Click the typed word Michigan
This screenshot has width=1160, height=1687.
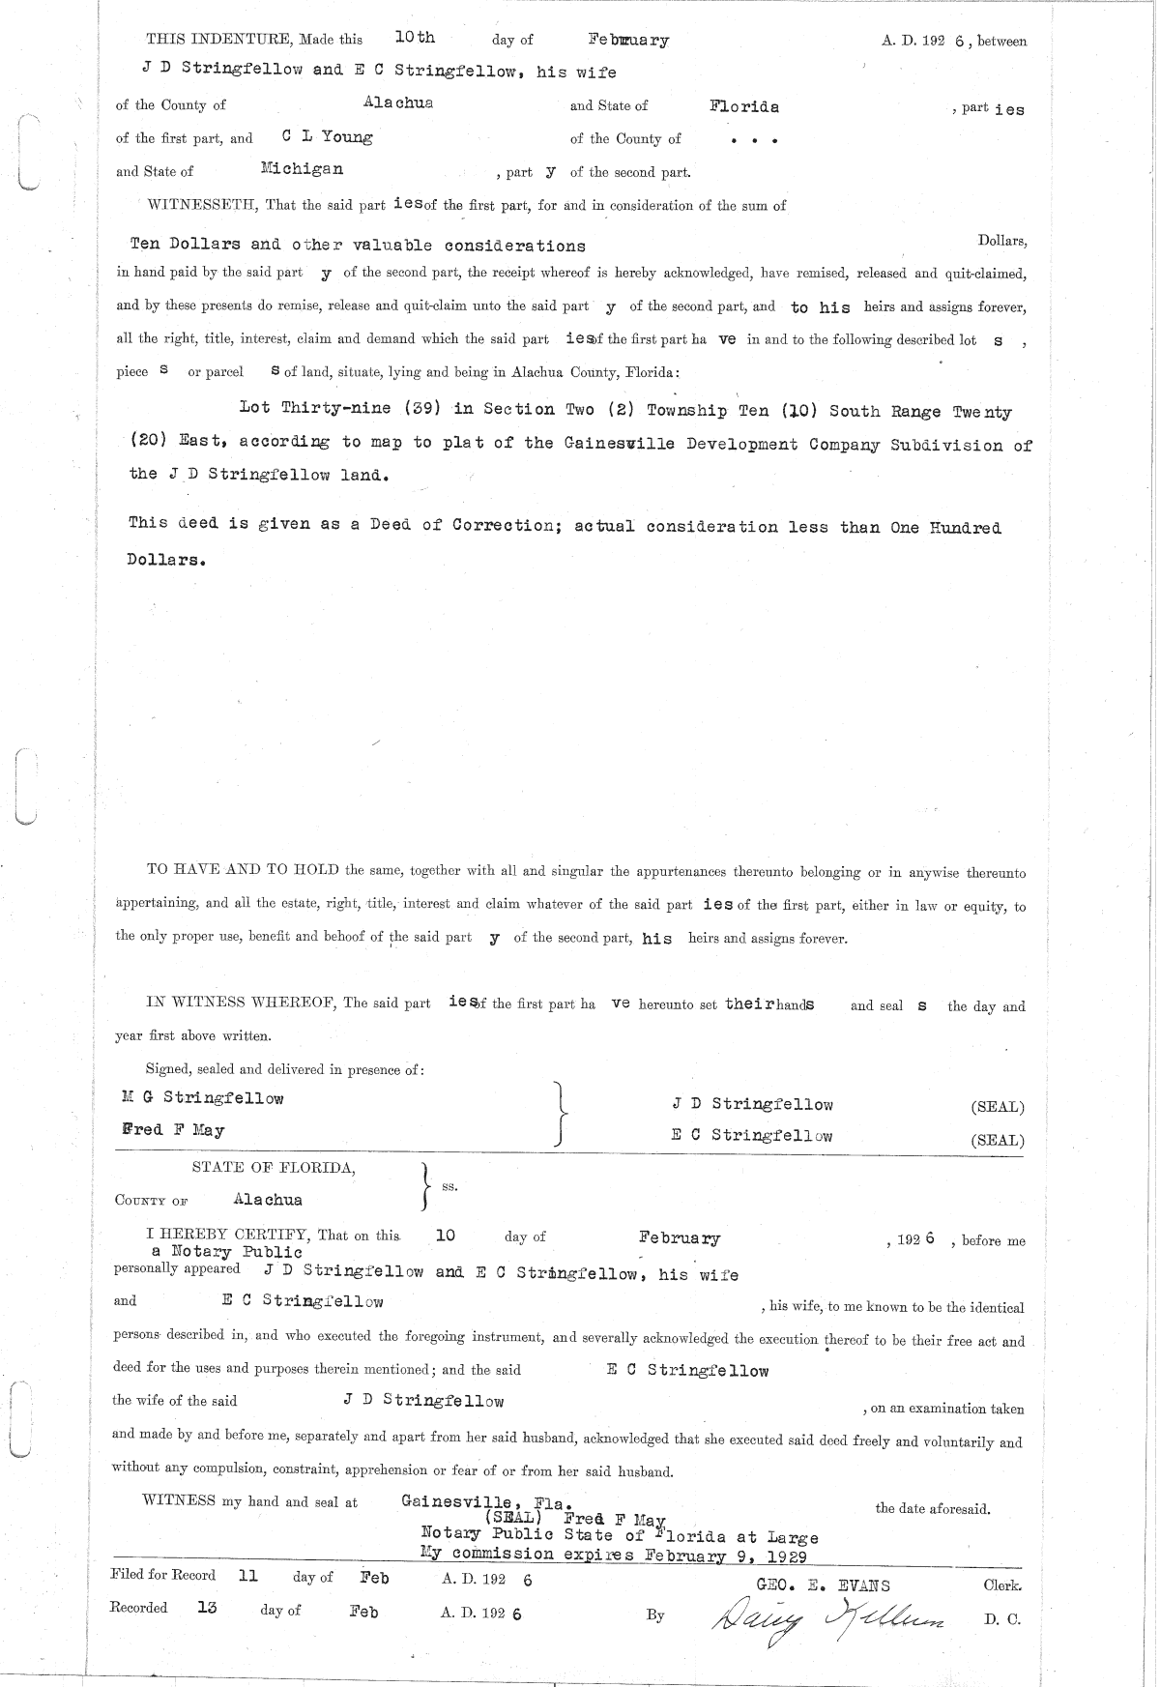point(302,168)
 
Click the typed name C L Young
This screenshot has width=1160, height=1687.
point(327,136)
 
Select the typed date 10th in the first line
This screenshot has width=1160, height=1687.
point(415,38)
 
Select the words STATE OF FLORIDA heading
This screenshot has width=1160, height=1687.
point(274,1167)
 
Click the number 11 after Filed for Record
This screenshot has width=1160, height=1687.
point(247,1575)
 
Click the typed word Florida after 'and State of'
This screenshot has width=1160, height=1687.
point(743,106)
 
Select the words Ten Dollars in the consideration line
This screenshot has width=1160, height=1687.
point(185,245)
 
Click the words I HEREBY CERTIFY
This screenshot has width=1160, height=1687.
point(226,1235)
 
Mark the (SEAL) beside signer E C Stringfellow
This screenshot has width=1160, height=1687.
point(997,1141)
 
